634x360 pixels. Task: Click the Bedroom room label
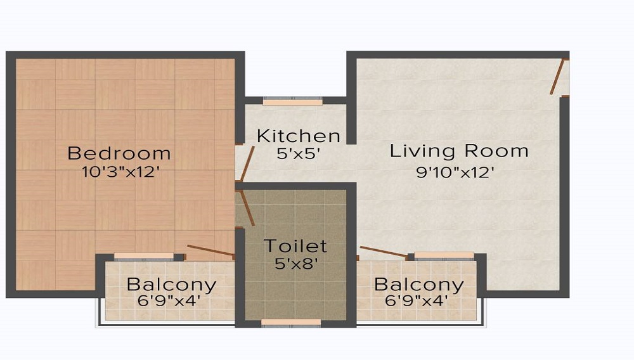tap(119, 153)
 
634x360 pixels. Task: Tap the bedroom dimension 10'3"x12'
tap(119, 172)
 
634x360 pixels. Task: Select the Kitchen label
tap(299, 136)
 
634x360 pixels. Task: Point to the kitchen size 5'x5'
tap(299, 153)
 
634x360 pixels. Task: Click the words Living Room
tap(459, 151)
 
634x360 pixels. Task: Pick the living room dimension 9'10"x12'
tap(455, 172)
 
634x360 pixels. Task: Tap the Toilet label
tap(295, 246)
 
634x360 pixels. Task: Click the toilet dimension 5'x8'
tap(295, 264)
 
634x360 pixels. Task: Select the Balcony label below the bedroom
tap(171, 285)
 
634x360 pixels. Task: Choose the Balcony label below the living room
tap(419, 285)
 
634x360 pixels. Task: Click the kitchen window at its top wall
tap(293, 101)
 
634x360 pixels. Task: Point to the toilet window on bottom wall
tap(291, 323)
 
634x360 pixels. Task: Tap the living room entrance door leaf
tap(557, 76)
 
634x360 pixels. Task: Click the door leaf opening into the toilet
tap(247, 208)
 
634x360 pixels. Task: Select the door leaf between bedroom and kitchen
tap(247, 164)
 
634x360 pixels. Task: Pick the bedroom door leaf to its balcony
tap(210, 250)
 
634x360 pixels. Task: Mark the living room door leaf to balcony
tap(384, 252)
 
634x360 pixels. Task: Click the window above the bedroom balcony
tap(144, 257)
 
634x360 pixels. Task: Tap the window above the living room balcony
tap(444, 256)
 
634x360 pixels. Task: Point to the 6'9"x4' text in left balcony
tap(169, 301)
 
